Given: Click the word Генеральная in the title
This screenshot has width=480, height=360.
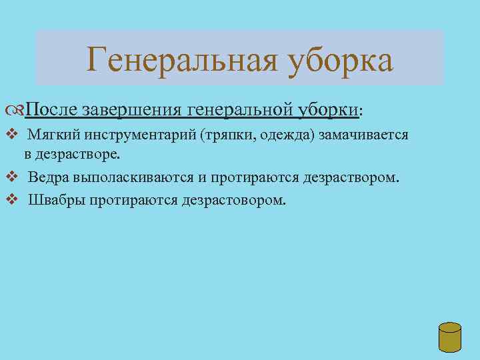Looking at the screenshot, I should click(181, 59).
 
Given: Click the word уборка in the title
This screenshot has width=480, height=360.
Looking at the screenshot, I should click(339, 61).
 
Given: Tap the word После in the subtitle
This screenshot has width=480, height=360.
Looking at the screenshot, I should click(54, 109).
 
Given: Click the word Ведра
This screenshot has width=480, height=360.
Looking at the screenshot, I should click(49, 179).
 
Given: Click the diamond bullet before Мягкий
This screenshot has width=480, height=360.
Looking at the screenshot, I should click(9, 135).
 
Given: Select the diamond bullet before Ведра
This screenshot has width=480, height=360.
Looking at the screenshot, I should click(9, 178).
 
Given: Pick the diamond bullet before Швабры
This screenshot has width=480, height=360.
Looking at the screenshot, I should click(9, 199).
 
